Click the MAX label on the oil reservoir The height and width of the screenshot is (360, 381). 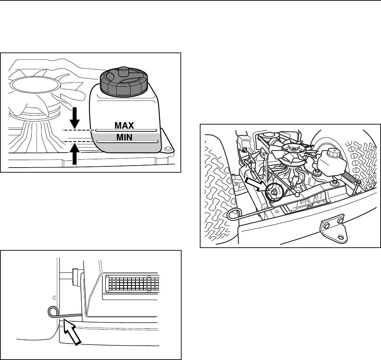point(125,126)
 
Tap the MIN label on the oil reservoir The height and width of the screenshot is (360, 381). point(125,137)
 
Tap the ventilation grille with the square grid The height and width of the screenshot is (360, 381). point(132,283)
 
